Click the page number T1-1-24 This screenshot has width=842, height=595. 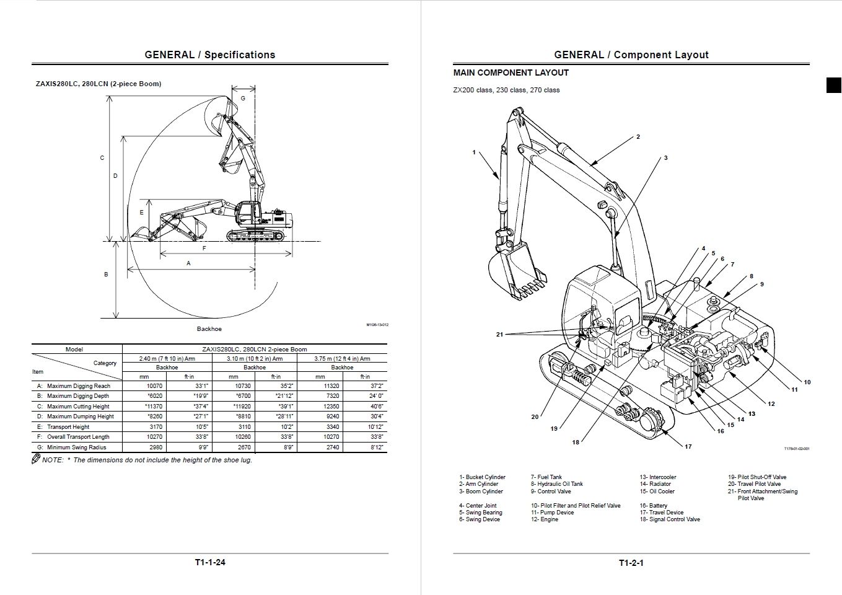(209, 563)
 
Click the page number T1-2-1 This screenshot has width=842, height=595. (631, 563)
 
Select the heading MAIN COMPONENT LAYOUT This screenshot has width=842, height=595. (511, 73)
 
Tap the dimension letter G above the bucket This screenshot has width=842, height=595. (243, 98)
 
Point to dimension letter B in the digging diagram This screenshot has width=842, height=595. (106, 274)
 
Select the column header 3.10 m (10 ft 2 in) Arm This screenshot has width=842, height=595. (254, 358)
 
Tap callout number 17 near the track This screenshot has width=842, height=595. (688, 446)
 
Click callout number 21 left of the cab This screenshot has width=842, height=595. (499, 335)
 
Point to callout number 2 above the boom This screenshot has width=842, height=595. (638, 137)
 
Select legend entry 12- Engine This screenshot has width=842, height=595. (545, 519)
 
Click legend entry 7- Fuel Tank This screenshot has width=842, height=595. (546, 477)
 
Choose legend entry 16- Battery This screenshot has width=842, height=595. (654, 506)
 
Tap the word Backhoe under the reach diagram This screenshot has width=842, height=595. (209, 329)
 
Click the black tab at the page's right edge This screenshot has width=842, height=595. (833, 86)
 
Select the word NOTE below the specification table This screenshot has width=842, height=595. (52, 460)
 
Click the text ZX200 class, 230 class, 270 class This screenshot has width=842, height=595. (506, 90)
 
